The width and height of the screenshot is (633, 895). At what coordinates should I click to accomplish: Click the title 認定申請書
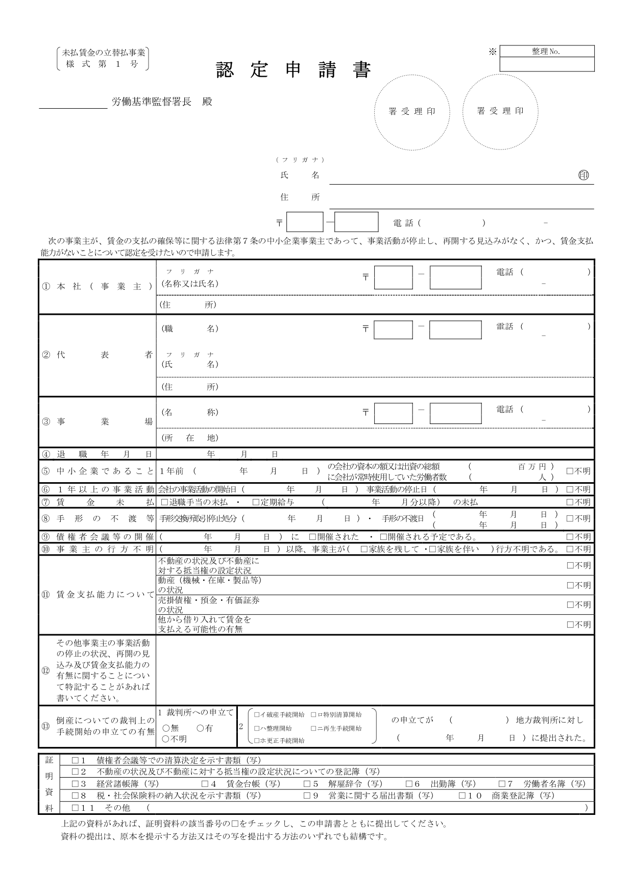coord(293,70)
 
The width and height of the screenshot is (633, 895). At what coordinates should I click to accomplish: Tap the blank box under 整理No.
coord(547,64)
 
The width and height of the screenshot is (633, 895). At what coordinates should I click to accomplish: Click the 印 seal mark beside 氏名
coord(583,175)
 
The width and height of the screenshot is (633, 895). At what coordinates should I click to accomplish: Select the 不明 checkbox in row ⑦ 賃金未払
coord(570,502)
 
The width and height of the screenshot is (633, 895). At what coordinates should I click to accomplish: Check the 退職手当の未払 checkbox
coord(164,502)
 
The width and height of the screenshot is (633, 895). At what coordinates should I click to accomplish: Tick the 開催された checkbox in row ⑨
coord(312,537)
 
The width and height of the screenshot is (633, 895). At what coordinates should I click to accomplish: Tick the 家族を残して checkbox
coord(364,549)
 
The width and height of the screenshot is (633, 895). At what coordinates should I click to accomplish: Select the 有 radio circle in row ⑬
coord(200,728)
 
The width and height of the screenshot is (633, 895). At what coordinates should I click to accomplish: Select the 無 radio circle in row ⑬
coord(166,728)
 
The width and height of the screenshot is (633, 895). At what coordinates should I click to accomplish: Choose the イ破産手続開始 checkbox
coord(257,715)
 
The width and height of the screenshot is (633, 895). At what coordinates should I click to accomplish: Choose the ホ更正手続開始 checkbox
coord(257,740)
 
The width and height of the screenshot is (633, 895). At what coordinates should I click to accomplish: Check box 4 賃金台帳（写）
coord(205,783)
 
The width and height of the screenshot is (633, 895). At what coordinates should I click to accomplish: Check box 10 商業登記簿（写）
coord(462,795)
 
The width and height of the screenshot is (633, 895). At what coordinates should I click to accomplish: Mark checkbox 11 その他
coord(76,808)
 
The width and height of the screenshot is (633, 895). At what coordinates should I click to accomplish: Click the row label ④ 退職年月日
coord(97,454)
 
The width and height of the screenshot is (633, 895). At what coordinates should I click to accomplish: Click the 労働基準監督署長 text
coord(152,102)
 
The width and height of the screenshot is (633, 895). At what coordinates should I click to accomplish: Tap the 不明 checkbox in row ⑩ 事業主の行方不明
coord(570,549)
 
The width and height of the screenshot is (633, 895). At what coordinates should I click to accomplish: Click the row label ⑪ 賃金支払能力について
coord(97,594)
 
